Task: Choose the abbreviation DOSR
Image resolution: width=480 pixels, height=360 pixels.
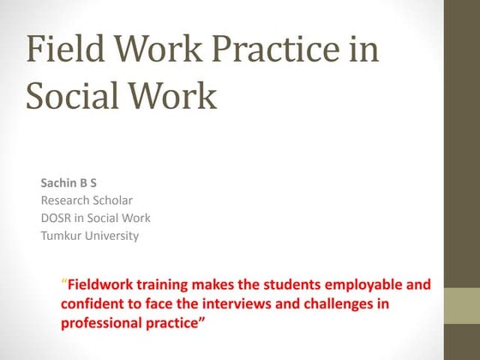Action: pyautogui.click(x=57, y=218)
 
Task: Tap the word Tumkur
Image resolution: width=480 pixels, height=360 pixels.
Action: pyautogui.click(x=62, y=236)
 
